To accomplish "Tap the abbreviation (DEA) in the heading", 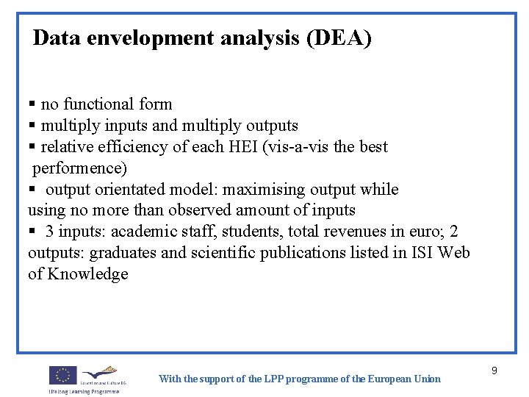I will pos(340,37).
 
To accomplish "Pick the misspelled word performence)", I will pos(80,168).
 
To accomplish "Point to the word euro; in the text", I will pos(427,232).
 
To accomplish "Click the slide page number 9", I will pos(494,371).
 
